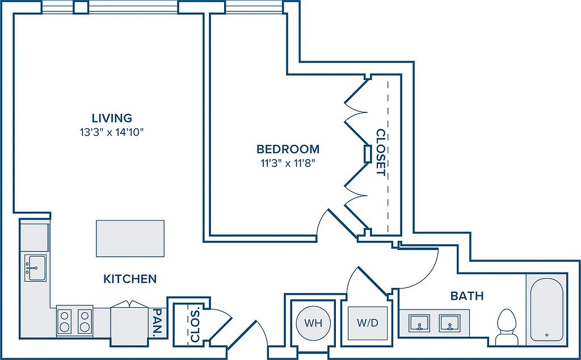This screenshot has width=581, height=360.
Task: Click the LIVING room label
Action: [x=112, y=118]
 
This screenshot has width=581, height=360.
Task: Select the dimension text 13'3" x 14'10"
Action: [x=112, y=132]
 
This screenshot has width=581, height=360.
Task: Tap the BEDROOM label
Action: [x=288, y=149]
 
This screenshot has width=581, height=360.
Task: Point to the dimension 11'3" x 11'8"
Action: [x=288, y=164]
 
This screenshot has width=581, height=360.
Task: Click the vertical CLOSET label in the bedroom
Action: [x=381, y=152]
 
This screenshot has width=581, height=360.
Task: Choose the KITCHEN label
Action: [x=130, y=278]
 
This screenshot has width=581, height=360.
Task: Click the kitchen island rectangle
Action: [x=130, y=238]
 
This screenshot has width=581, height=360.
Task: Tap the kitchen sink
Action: [x=36, y=267]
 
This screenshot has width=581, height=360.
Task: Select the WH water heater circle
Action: [x=313, y=323]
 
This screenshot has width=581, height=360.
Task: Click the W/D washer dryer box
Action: [x=368, y=323]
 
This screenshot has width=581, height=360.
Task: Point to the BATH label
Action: [x=467, y=296]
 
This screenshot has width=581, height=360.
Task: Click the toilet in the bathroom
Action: [x=506, y=327]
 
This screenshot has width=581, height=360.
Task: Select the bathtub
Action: [x=546, y=309]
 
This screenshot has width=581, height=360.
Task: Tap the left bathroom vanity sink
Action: [x=419, y=323]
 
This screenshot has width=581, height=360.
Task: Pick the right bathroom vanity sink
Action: [x=450, y=323]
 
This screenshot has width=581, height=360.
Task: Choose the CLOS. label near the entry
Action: [x=195, y=324]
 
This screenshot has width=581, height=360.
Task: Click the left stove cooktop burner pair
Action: [x=65, y=321]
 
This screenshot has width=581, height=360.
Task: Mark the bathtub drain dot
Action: [x=547, y=335]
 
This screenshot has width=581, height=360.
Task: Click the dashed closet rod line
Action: [x=388, y=156]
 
